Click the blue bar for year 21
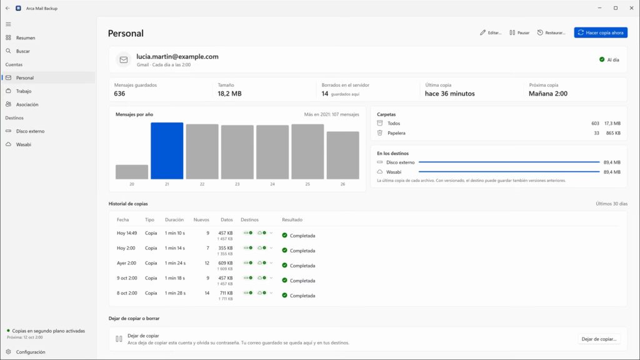point(167,151)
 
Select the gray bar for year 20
point(132,172)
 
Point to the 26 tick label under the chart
point(342,184)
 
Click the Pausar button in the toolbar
point(519,32)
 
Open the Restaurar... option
point(551,32)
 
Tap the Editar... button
point(491,32)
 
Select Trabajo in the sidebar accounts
point(24,91)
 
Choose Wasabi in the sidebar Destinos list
point(23,144)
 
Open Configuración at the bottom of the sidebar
point(30,352)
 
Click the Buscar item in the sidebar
point(23,51)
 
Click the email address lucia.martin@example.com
point(177,57)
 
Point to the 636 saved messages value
point(119,94)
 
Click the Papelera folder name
point(396,133)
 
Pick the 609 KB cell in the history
point(225,263)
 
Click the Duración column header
point(174,219)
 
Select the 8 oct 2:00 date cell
point(127,293)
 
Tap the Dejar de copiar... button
point(599,339)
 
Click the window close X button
point(631,7)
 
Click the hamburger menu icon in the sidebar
point(8,24)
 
